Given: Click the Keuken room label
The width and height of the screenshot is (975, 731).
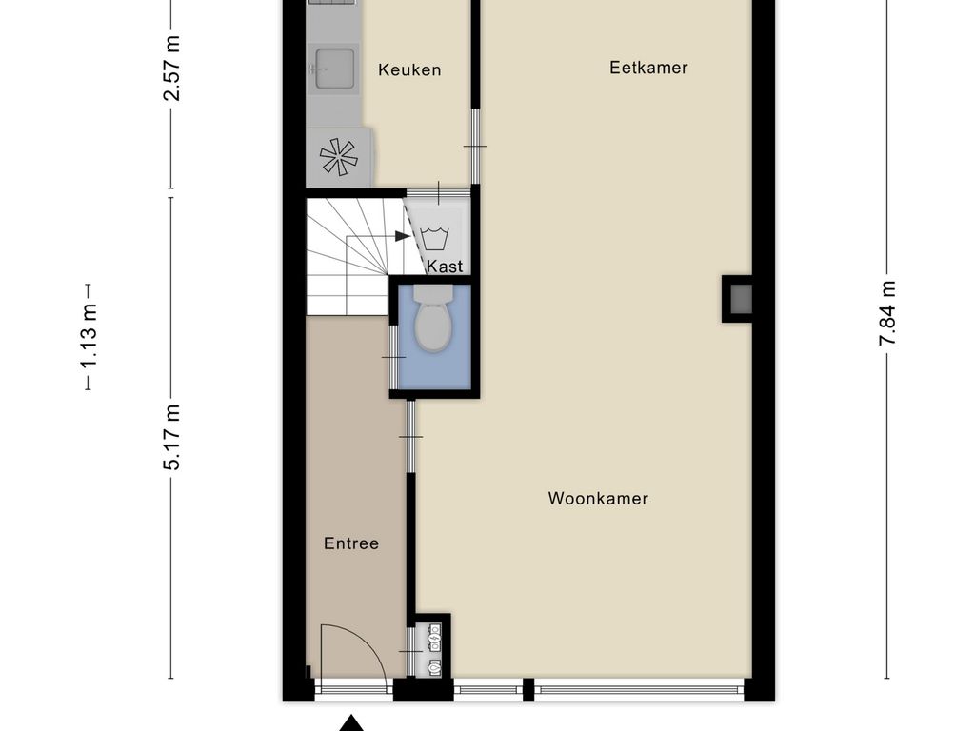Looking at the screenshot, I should click(x=409, y=69).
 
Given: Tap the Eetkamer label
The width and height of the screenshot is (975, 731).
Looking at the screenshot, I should click(x=648, y=68).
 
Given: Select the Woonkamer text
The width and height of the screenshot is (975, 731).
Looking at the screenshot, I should click(x=598, y=499).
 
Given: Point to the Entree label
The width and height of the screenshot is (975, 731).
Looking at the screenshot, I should click(x=351, y=543).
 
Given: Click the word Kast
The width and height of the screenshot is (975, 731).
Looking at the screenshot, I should click(x=445, y=267).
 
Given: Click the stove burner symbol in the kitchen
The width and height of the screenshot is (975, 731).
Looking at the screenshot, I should click(x=338, y=157).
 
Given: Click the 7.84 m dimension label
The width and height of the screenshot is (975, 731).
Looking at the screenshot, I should click(x=886, y=314).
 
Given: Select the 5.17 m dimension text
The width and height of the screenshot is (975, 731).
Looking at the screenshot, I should click(x=171, y=437).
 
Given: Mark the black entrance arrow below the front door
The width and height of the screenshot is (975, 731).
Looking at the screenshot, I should click(x=353, y=722).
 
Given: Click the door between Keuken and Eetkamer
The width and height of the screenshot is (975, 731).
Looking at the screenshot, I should click(x=474, y=146).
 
